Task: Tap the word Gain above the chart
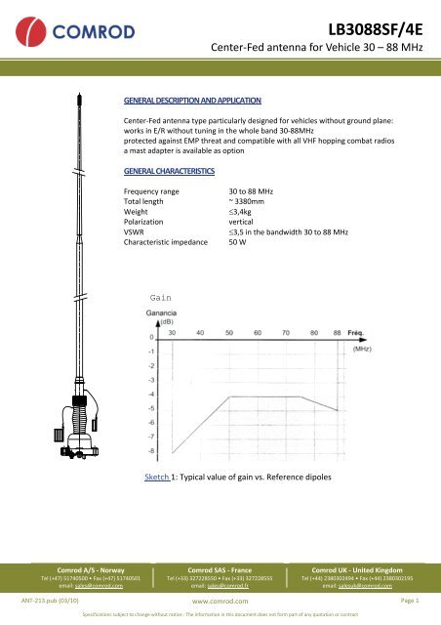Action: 161,296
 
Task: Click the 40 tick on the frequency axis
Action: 201,333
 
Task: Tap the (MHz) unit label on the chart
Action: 363,348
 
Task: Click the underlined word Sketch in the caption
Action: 157,479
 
